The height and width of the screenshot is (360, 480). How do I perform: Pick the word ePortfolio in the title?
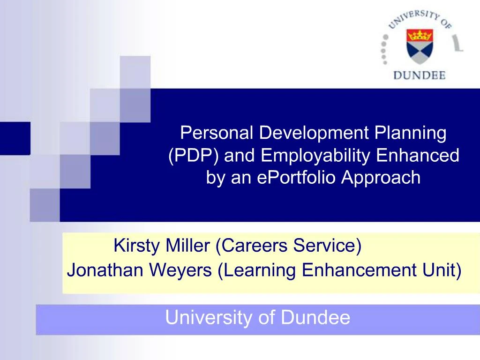click(x=298, y=178)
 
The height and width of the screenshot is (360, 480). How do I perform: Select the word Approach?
click(x=381, y=179)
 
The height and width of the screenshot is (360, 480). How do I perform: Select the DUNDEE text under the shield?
click(x=419, y=75)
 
